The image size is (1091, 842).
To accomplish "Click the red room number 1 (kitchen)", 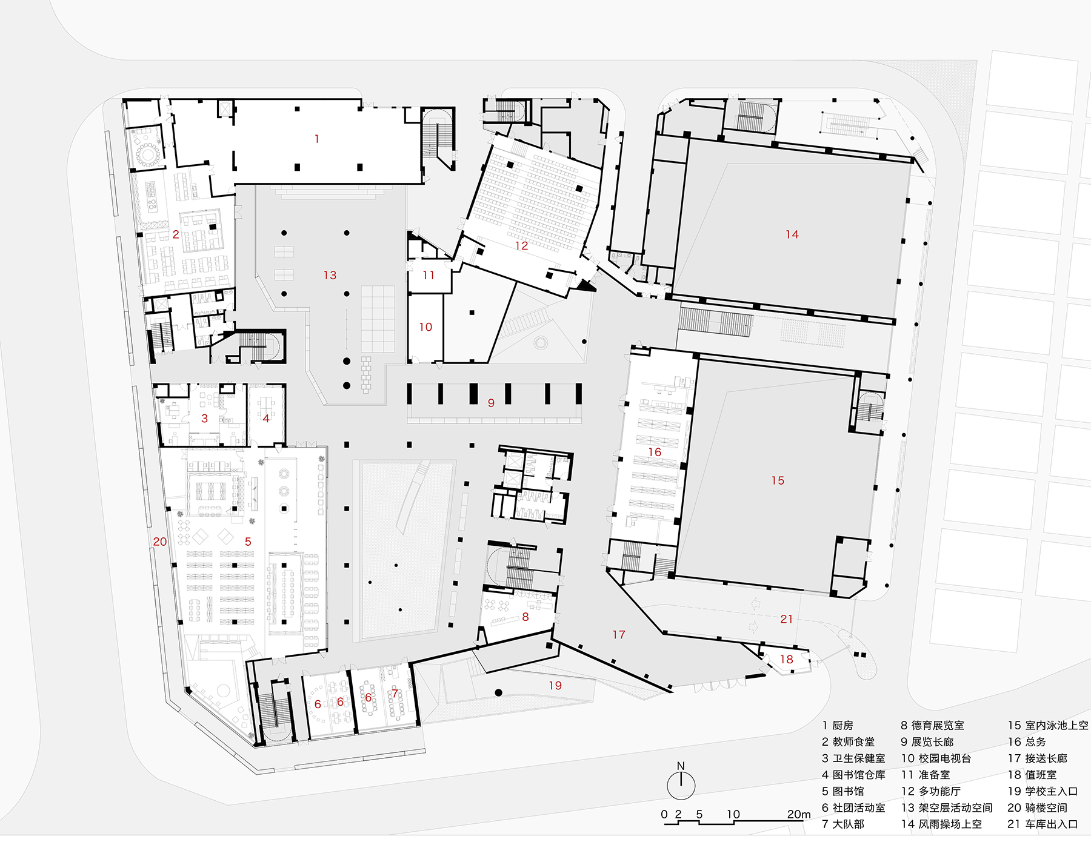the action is pos(316,139).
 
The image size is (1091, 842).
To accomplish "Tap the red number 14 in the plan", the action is pos(792,234).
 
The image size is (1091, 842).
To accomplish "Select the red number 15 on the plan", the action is pos(778,480).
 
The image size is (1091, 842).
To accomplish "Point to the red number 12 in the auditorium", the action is pos(521,245).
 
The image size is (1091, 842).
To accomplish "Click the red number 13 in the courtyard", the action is pos(330,275).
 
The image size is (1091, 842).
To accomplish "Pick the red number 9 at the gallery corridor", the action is pos(491,403).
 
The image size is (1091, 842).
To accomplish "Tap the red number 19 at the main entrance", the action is pos(555,685).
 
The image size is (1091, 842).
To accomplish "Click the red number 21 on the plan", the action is pos(786,619).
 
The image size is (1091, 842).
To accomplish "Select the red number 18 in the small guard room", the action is pos(786,659).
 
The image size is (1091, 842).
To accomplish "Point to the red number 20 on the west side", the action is pos(159,542).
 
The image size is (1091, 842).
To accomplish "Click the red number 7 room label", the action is pos(395,694).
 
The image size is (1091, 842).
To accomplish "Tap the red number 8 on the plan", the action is pos(525,617).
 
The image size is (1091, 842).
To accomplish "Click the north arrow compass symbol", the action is pos(681,783).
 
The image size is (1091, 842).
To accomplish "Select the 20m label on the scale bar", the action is pos(798,814).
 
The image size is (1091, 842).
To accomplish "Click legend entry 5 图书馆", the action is pos(843,791).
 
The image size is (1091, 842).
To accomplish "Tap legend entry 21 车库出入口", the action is pos(1043,824).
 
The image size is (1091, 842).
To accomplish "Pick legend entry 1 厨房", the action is pos(838,725).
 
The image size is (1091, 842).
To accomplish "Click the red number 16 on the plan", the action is pos(655,452).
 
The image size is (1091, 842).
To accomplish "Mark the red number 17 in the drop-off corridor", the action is pos(618,634).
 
